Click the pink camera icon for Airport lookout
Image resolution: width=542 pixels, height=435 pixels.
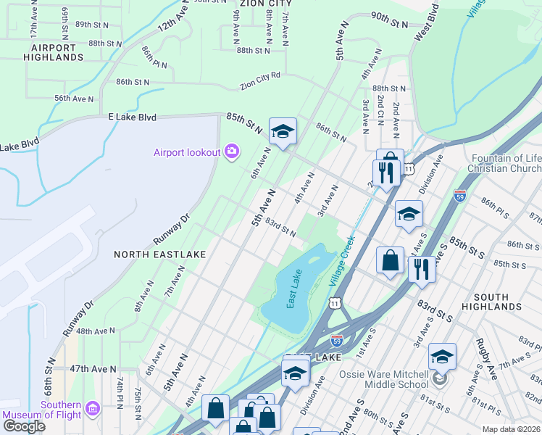232,151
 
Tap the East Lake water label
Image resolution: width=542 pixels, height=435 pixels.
295,289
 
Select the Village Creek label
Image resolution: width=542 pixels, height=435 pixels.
343,260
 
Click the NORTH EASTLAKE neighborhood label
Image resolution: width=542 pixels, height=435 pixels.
160,254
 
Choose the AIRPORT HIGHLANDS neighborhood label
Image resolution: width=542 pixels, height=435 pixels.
52,51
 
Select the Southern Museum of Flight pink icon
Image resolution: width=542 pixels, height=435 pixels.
91,410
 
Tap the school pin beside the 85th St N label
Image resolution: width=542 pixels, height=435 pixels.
283,131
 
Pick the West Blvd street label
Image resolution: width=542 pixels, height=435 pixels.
428,21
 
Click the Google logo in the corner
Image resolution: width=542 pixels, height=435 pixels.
24,426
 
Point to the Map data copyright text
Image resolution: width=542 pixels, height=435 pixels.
511,429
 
